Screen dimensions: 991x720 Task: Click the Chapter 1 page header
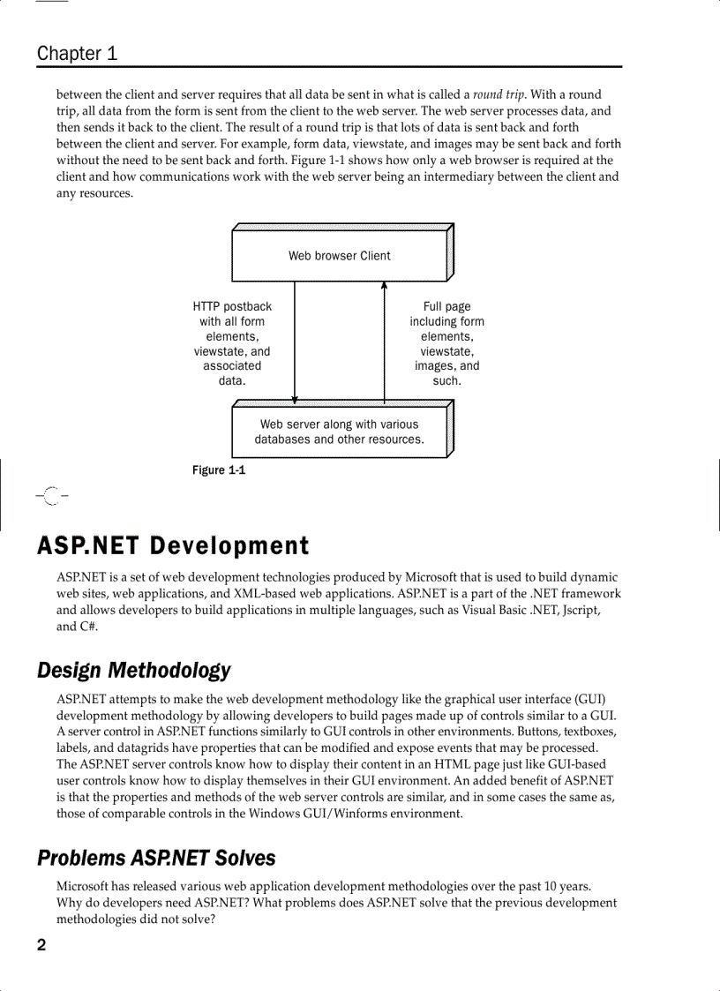77,53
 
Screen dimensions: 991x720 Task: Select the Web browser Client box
339,256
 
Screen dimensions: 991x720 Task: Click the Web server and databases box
339,432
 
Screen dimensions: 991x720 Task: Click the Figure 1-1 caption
219,470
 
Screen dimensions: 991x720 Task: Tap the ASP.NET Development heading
173,546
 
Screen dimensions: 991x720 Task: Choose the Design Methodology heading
133,671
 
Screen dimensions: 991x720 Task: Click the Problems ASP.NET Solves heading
156,858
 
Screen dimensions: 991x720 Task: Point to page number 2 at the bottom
41,946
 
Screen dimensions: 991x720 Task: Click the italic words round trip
499,94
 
